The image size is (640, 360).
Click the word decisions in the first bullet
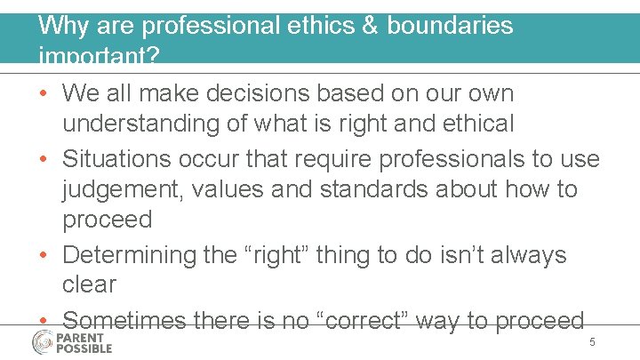point(241,93)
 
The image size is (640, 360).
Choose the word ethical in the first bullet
point(470,124)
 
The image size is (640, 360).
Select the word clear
point(89,284)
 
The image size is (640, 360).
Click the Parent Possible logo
point(72,342)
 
